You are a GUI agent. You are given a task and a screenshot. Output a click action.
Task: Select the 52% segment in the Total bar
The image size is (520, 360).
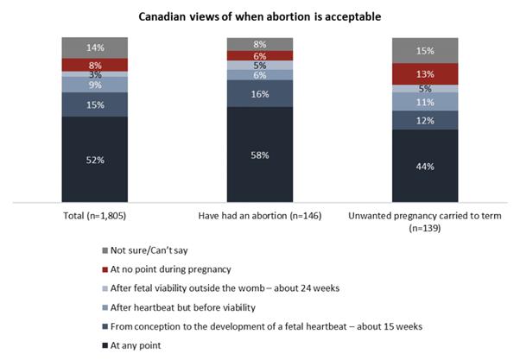click(95, 161)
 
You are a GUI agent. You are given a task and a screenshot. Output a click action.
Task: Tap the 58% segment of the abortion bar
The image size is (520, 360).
click(260, 155)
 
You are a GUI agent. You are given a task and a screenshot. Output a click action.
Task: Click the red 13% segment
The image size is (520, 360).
click(425, 74)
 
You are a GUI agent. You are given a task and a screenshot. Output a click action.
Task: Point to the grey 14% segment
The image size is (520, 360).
click(95, 47)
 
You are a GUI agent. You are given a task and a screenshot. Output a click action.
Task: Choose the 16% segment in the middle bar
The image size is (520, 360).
click(260, 93)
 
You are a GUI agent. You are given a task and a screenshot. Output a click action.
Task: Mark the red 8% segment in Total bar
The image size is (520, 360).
click(95, 65)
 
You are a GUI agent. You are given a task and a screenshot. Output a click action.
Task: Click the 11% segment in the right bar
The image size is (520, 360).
click(425, 101)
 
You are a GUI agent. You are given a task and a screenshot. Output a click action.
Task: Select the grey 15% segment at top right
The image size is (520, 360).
click(425, 50)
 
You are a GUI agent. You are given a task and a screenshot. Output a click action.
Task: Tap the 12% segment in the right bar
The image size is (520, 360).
click(425, 120)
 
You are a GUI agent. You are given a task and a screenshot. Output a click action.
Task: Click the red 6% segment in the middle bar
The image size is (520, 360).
click(260, 56)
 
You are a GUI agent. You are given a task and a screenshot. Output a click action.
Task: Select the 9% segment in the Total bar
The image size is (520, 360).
click(95, 85)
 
